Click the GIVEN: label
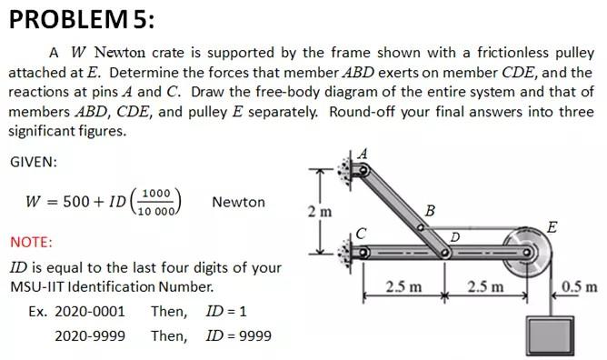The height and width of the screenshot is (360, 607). point(34,161)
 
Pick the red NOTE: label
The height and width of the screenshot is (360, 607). point(31,243)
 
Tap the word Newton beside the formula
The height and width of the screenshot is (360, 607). point(238,202)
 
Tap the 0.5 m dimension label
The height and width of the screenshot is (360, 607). point(578,288)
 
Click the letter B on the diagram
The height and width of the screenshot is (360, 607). point(430,213)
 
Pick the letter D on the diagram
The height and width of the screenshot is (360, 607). point(455,238)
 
